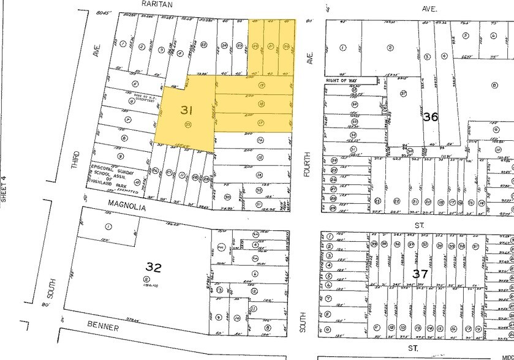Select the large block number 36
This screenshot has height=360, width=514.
click(431, 116)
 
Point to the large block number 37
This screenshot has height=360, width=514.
click(420, 274)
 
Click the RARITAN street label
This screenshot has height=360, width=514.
click(157, 4)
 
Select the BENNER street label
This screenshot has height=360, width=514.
click(101, 328)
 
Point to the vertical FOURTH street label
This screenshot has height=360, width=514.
click(309, 165)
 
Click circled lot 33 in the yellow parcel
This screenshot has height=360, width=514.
click(187, 124)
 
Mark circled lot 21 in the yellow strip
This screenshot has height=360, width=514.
click(271, 47)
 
